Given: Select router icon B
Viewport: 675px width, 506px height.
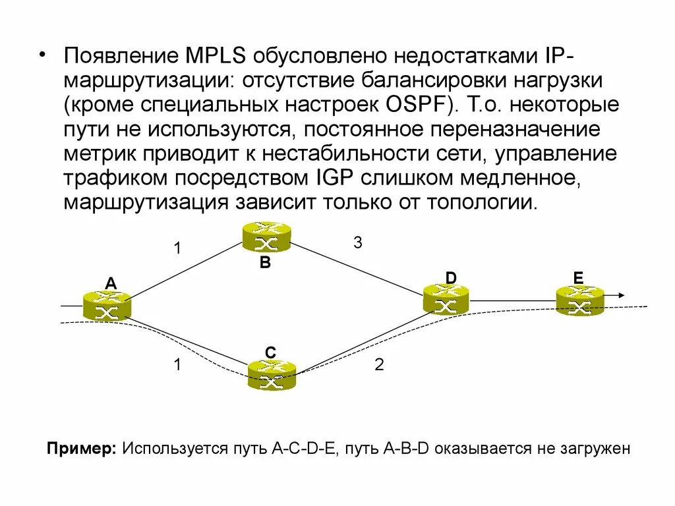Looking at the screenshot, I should point(266,237).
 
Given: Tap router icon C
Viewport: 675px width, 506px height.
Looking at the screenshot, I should point(272,375).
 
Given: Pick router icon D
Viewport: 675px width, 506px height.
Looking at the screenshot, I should point(446,299).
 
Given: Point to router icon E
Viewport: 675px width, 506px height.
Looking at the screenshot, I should point(579,300).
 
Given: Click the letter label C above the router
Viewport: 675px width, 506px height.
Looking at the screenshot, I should point(270,352).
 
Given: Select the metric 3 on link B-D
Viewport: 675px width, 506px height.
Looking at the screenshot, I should point(357,242).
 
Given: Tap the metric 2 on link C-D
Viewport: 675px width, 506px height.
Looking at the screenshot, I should point(379,365).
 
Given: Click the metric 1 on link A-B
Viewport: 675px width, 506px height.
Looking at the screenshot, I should point(177,249).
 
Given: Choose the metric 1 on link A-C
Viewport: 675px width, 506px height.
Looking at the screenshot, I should point(177,365).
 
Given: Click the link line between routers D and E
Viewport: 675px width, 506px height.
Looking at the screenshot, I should point(512,300).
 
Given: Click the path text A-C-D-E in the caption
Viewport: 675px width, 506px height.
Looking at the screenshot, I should point(305,449).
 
